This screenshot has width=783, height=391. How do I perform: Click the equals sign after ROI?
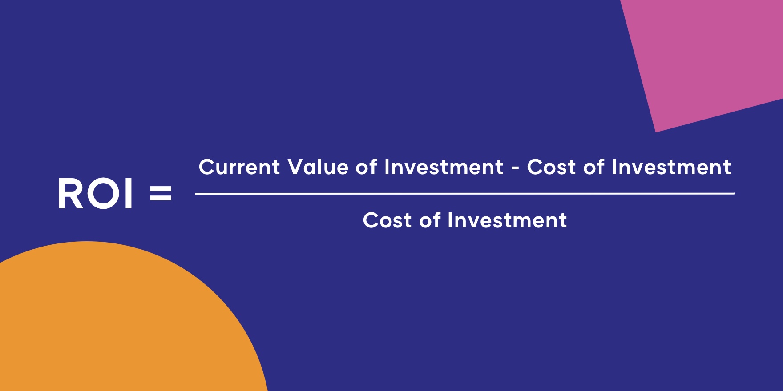(161, 194)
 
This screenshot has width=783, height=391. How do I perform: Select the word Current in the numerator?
(239, 168)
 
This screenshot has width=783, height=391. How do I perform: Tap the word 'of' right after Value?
(366, 168)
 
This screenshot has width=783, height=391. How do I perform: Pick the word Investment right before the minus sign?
(444, 168)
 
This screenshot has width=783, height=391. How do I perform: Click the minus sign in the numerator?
(515, 169)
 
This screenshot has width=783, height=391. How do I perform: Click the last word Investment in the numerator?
(671, 168)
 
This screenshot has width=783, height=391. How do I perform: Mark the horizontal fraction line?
(464, 194)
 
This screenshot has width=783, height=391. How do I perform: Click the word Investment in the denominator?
(507, 221)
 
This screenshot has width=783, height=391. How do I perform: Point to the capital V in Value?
(295, 168)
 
